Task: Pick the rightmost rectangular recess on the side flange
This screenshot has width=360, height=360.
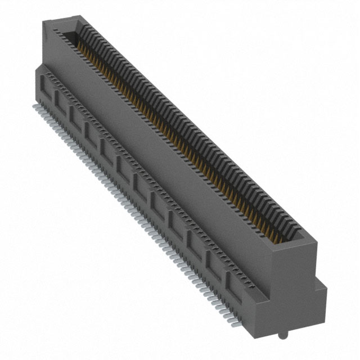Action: pyautogui.click(x=233, y=284)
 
